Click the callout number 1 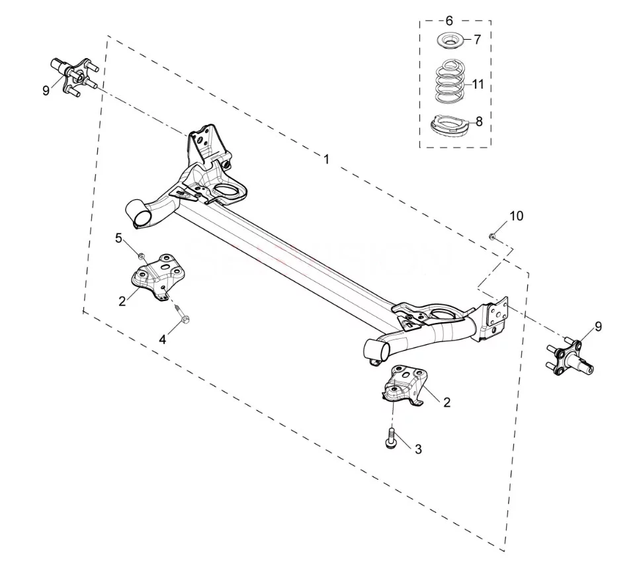pyautogui.click(x=326, y=159)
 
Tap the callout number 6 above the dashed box pyautogui.click(x=449, y=21)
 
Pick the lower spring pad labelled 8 pyautogui.click(x=450, y=125)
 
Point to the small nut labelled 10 pyautogui.click(x=492, y=236)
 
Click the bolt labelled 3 pyautogui.click(x=390, y=439)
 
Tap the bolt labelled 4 pyautogui.click(x=181, y=314)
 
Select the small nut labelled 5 pyautogui.click(x=141, y=256)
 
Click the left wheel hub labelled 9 pyautogui.click(x=74, y=76)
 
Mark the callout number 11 pyautogui.click(x=478, y=84)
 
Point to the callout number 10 pyautogui.click(x=517, y=216)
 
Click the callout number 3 pyautogui.click(x=418, y=449)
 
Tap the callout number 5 pyautogui.click(x=118, y=238)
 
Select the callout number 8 pyautogui.click(x=479, y=121)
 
